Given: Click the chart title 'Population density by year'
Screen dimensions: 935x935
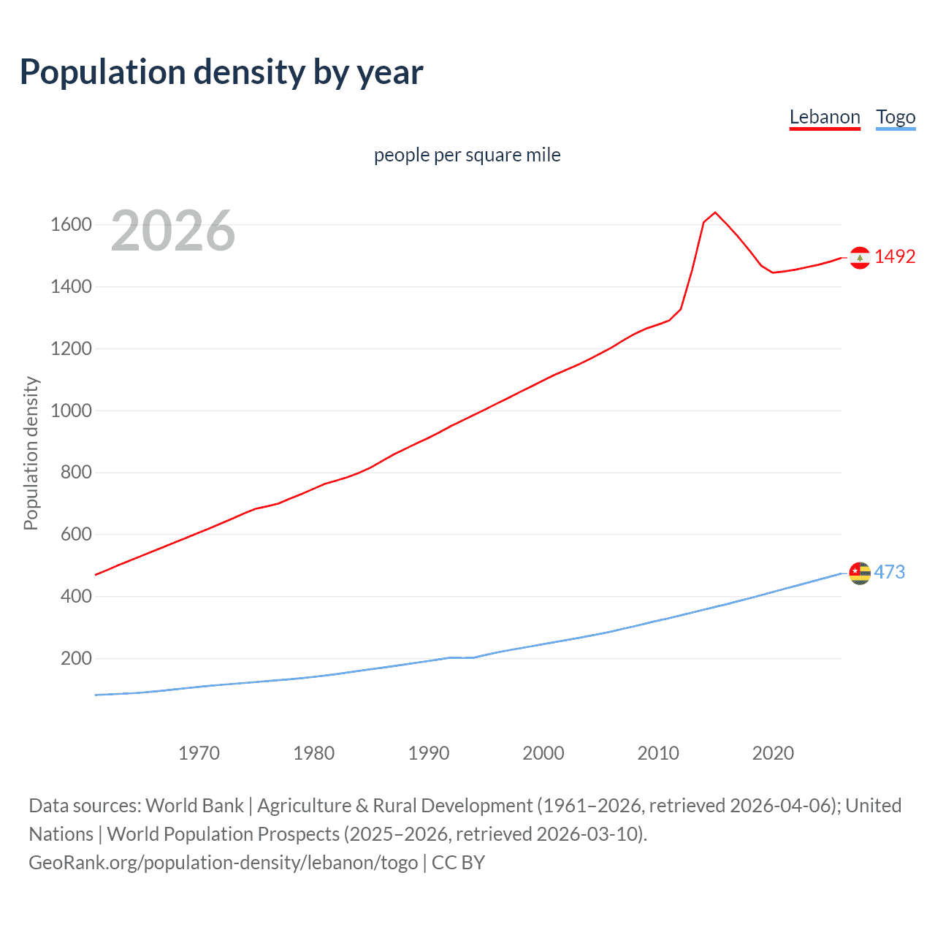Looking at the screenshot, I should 221,72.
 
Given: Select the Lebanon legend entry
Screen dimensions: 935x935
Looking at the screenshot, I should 825,117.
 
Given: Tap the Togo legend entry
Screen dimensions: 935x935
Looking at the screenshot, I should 896,117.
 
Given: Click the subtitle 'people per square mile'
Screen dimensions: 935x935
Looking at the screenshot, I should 467,155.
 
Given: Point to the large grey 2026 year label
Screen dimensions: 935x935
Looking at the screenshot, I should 173,231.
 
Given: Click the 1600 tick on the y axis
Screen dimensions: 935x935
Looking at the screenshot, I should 71,224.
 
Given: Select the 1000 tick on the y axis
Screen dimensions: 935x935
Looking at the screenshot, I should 71,411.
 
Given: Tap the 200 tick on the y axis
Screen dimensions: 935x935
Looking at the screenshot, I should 76,658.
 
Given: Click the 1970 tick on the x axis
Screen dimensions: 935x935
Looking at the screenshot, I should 199,753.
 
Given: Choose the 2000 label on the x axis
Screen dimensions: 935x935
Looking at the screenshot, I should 543,753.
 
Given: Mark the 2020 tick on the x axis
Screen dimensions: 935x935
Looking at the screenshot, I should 773,753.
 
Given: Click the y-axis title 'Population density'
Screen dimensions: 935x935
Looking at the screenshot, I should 31,453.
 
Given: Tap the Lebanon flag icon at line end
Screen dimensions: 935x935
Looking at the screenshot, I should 860,257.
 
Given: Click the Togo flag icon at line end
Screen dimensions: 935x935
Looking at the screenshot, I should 860,573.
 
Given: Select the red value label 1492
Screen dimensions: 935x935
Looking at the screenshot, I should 895,256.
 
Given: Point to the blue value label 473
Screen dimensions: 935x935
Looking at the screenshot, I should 889,572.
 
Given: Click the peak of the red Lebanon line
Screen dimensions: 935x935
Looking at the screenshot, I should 715,213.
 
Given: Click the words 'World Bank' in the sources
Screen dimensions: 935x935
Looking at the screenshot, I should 194,806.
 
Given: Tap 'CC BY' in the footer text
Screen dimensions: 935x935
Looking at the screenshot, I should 458,863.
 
